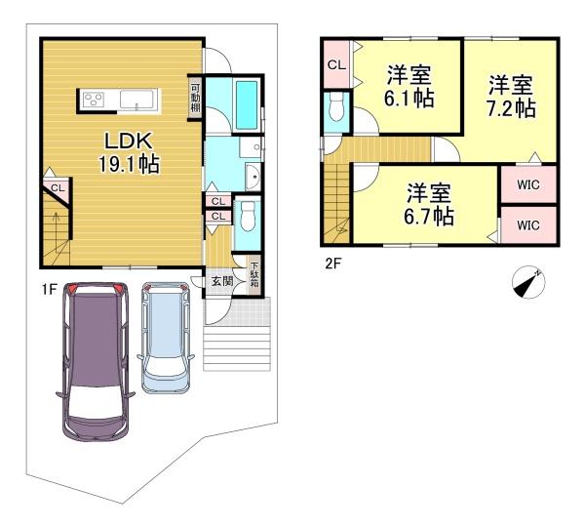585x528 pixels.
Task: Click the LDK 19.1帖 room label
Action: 129,152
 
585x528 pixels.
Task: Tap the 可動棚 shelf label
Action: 196,99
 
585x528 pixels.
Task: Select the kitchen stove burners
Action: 94,100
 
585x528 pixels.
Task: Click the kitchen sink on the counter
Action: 136,101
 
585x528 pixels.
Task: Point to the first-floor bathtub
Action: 247,105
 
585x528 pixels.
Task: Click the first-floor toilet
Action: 248,218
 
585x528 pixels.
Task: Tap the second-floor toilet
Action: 336,107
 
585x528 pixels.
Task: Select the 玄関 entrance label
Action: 222,281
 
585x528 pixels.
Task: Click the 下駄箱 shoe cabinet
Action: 254,275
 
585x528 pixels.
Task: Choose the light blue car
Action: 166,338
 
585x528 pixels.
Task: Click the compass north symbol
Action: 528,283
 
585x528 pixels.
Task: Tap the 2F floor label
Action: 333,264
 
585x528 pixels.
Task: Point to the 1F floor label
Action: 49,289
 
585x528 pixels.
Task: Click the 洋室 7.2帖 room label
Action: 511,97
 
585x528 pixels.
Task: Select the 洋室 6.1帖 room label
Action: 409,87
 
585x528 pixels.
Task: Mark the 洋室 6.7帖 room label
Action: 429,204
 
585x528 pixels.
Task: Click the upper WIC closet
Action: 528,184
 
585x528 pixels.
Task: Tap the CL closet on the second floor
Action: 336,65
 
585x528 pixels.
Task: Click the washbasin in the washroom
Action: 253,177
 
